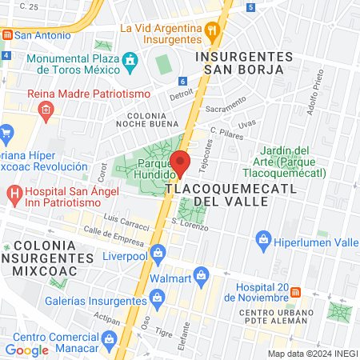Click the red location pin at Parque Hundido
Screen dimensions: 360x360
click(x=181, y=163)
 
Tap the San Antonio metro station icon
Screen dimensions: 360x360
click(x=6, y=35)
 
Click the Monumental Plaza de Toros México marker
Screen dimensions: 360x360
click(x=130, y=61)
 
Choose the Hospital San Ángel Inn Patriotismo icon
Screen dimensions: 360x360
click(x=14, y=194)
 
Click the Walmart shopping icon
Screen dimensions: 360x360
click(x=202, y=279)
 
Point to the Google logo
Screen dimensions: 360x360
click(x=26, y=350)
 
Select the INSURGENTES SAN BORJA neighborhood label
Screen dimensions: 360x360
click(x=245, y=63)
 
